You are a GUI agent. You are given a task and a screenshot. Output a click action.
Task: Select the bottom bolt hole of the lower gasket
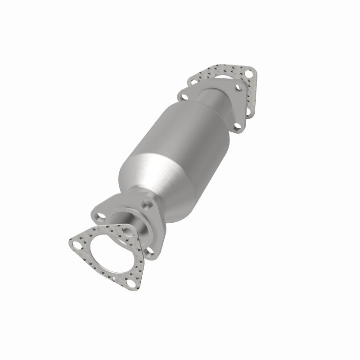130,283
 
